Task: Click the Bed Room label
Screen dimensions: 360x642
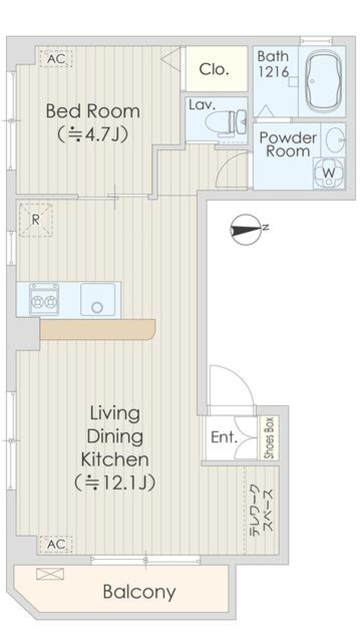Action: click(x=93, y=111)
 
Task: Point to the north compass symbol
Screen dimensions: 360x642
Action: click(x=246, y=229)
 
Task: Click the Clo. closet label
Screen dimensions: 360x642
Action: click(x=214, y=69)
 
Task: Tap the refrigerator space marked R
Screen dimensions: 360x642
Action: click(x=36, y=220)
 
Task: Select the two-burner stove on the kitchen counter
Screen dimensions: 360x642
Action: click(x=44, y=299)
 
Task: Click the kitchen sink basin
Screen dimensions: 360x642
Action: click(x=98, y=300)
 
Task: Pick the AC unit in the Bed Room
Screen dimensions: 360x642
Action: click(x=56, y=59)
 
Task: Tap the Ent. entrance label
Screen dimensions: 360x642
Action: click(x=224, y=437)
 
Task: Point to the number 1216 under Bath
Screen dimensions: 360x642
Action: click(x=273, y=72)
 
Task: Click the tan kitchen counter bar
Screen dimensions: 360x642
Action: click(x=97, y=330)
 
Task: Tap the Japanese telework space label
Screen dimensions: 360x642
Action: click(x=261, y=508)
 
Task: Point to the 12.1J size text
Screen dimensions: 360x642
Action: click(x=115, y=482)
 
